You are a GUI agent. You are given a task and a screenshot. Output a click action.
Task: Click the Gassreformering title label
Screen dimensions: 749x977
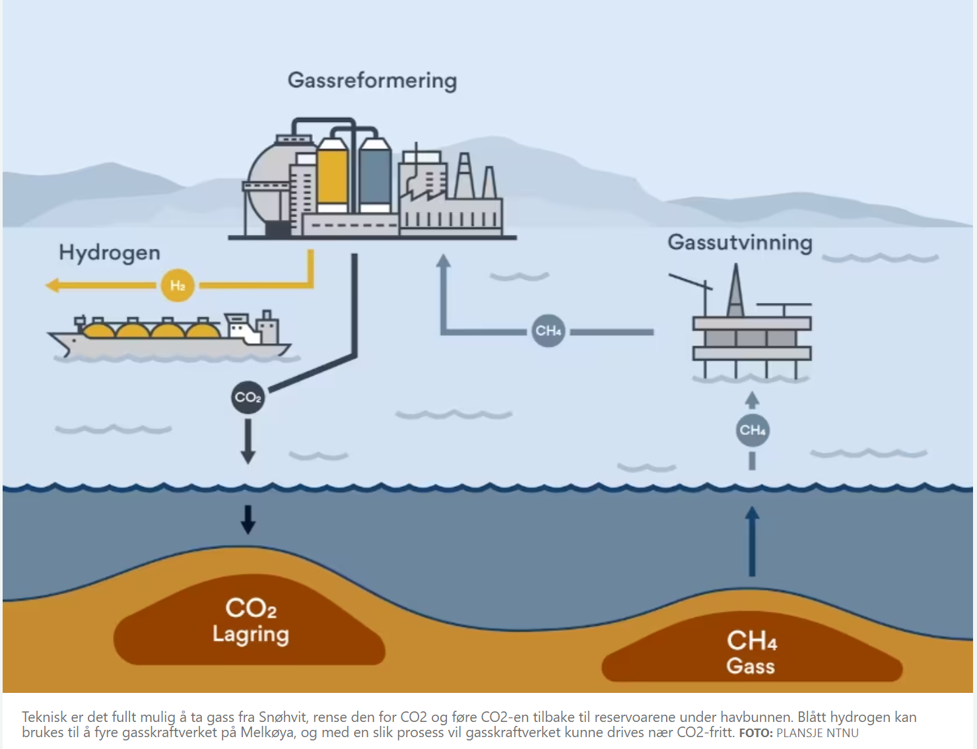[x=372, y=81]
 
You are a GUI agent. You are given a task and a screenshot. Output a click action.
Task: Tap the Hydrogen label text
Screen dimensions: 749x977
[x=110, y=253]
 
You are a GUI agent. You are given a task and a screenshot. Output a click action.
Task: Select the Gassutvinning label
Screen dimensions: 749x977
[x=740, y=242]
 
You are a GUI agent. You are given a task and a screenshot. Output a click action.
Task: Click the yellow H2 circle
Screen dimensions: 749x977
[x=178, y=285]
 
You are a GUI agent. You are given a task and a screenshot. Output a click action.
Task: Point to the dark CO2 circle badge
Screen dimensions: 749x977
[x=248, y=397]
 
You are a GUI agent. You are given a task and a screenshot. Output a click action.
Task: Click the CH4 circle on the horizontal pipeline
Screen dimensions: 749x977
[x=549, y=331]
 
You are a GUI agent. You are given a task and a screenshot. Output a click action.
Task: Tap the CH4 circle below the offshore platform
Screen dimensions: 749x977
[x=753, y=430]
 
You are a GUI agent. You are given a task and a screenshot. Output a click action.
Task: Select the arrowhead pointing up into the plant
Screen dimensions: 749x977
[x=444, y=261]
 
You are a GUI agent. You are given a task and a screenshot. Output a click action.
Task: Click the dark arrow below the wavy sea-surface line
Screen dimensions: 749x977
[x=248, y=519]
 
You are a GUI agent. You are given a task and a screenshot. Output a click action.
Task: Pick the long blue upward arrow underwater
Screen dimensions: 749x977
[x=752, y=541]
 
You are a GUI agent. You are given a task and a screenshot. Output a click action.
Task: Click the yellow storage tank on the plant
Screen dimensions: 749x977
[x=332, y=175]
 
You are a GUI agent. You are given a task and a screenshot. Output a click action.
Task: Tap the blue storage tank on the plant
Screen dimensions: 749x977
[x=375, y=175]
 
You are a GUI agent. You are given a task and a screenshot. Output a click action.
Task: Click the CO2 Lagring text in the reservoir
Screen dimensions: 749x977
[x=251, y=620]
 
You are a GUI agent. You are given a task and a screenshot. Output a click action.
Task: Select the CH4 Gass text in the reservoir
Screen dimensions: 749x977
[x=751, y=652]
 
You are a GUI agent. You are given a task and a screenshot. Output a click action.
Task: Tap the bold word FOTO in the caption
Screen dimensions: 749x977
[x=755, y=733]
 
